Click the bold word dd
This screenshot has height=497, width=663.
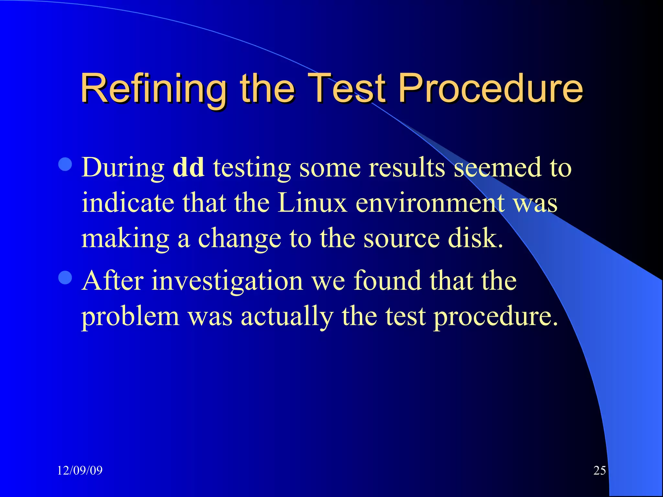(189, 167)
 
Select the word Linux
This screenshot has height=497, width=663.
(312, 203)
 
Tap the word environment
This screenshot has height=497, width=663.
(431, 203)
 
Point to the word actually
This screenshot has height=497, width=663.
(287, 316)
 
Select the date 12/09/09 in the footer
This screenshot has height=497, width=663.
(80, 470)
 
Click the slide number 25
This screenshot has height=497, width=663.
(600, 470)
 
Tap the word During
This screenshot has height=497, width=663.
(123, 168)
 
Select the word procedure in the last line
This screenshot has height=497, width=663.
(495, 316)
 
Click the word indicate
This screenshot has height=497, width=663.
(128, 203)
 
